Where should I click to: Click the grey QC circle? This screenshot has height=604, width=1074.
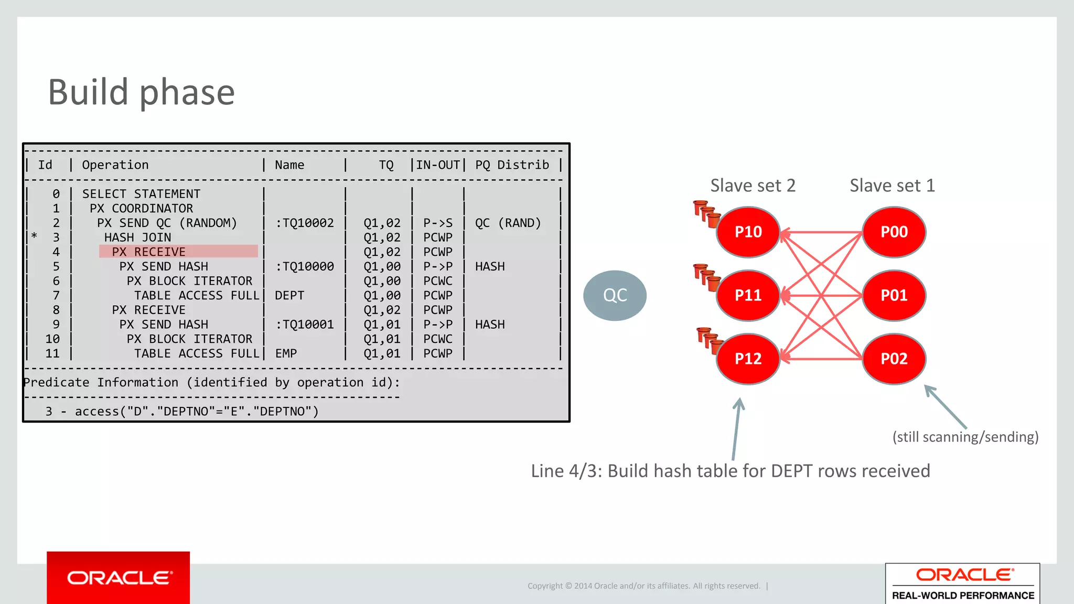point(615,295)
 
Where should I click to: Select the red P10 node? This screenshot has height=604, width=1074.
point(748,232)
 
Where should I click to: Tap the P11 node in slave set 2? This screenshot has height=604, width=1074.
point(748,295)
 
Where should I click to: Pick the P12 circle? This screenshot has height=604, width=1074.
point(748,359)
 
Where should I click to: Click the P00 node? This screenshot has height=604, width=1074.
point(894,232)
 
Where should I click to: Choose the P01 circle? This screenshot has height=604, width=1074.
point(894,295)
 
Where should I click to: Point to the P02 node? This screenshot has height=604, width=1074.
point(894,359)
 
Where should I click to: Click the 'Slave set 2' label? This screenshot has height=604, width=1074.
point(753,186)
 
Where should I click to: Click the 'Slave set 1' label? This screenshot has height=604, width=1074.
point(892,186)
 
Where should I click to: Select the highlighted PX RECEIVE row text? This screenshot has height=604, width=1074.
point(148,252)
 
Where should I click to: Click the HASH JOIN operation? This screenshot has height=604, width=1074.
point(137,238)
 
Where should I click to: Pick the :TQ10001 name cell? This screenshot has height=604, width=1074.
point(305,325)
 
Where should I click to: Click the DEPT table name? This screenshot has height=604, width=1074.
point(289,296)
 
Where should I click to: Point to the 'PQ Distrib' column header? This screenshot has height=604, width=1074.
point(512,165)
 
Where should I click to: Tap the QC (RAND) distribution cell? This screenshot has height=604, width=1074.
point(508,223)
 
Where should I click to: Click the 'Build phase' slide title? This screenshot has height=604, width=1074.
point(141,92)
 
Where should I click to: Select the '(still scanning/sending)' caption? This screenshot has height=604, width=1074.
point(965,437)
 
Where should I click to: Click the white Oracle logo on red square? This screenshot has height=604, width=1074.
point(119,578)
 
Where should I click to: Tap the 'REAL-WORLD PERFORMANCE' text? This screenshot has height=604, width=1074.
point(963,596)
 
